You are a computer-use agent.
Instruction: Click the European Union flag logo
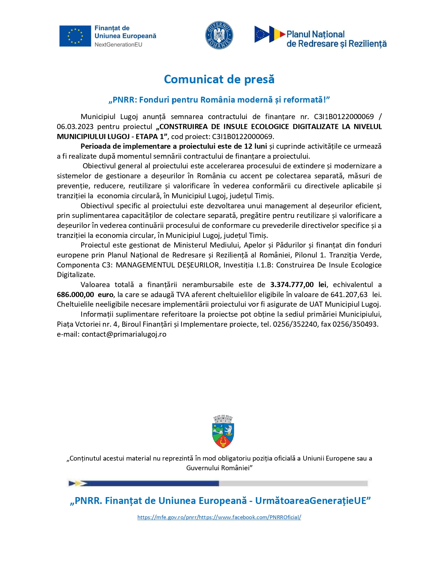click(75, 36)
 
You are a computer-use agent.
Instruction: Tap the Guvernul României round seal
click(219, 35)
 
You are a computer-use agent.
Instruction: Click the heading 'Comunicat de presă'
click(219, 79)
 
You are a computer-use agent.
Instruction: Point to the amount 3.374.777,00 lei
click(298, 285)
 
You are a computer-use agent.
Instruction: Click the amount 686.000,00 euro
click(85, 295)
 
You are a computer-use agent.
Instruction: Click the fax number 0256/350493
click(355, 324)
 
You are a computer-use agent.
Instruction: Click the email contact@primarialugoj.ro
click(124, 334)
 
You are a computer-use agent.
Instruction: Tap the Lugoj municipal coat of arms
click(223, 431)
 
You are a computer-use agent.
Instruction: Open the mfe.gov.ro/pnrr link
click(167, 517)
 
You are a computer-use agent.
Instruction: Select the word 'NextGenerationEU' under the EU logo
click(118, 45)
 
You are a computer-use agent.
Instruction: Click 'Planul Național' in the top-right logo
click(315, 34)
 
